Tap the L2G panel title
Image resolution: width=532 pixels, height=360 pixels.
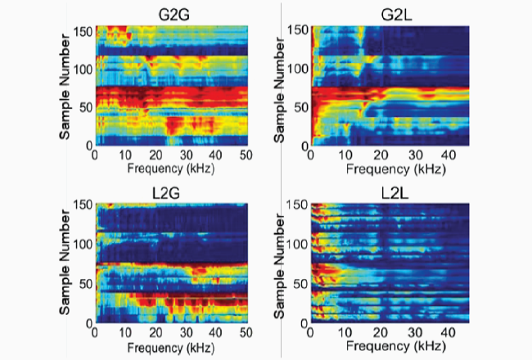(x=173, y=192)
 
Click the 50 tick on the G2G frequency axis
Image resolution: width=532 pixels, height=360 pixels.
(x=246, y=155)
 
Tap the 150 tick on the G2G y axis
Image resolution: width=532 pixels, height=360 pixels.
(x=83, y=29)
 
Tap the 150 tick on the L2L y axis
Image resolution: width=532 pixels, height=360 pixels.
(x=298, y=205)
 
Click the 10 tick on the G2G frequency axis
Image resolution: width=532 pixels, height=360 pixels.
(x=126, y=155)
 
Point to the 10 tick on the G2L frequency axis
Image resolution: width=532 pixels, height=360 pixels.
(x=340, y=155)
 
